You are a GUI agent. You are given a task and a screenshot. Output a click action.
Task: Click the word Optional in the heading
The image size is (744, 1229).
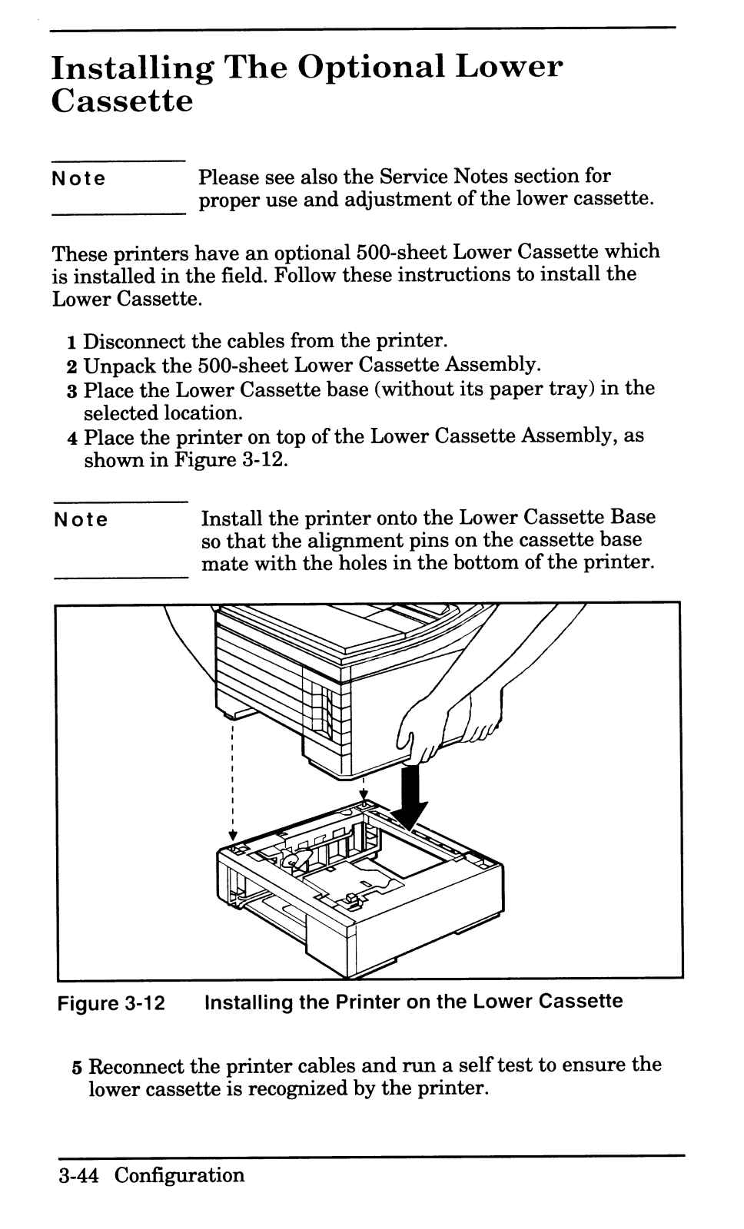click(x=370, y=68)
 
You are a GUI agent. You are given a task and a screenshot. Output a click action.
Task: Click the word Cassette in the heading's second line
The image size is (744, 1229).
click(x=121, y=101)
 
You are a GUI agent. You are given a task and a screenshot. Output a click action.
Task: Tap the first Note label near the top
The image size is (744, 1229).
click(x=78, y=180)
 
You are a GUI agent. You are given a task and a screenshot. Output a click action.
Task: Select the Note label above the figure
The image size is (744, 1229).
click(x=81, y=520)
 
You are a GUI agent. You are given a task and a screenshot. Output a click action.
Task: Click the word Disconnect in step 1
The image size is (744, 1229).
click(x=135, y=341)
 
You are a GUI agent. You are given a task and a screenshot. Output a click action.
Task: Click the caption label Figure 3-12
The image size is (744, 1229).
click(x=112, y=1003)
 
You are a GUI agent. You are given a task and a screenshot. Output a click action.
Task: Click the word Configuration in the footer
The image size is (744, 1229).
click(x=180, y=1176)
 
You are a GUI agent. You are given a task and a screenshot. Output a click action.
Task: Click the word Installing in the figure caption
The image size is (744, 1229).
click(x=248, y=1002)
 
